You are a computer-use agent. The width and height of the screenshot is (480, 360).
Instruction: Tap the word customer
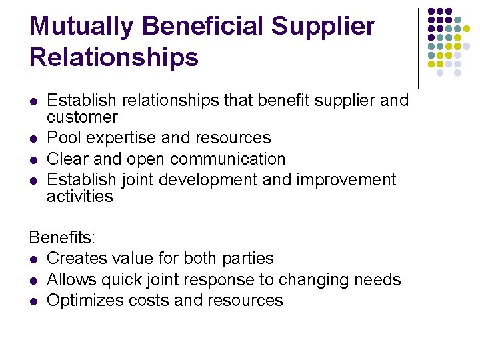pyautogui.click(x=82, y=117)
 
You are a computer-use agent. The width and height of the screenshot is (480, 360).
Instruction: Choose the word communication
pyautogui.click(x=228, y=159)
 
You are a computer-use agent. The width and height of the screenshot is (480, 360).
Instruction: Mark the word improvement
pyautogui.click(x=346, y=181)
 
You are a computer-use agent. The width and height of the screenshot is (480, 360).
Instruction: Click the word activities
pyautogui.click(x=80, y=197)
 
